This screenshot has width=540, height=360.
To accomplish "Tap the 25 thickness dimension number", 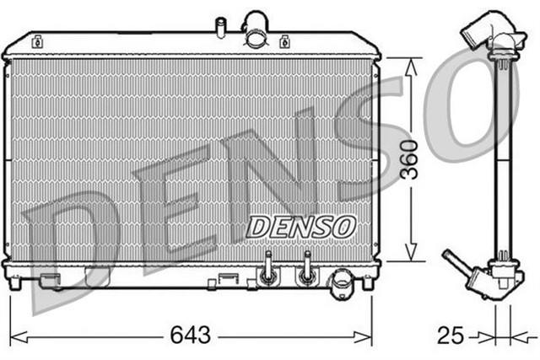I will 451,336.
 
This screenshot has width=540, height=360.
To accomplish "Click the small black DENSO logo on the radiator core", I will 301,225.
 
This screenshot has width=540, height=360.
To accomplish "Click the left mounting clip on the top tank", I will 36,40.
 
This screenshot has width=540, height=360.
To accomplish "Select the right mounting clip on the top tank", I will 284,40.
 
